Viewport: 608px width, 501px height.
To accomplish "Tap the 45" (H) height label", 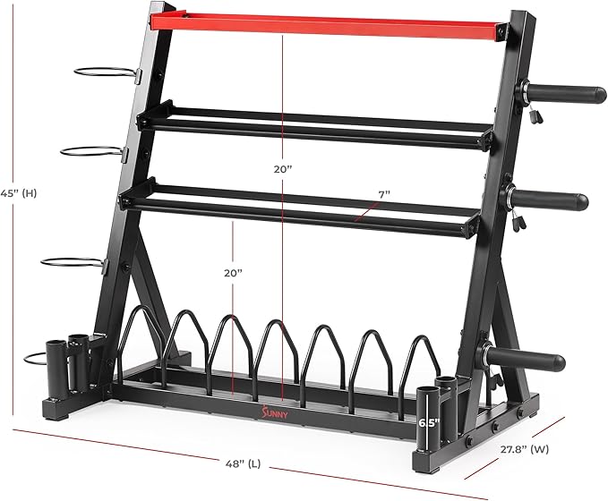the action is tap(19, 193).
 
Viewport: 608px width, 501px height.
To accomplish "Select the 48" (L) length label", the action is tap(244, 463).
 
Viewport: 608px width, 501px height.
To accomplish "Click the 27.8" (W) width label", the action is tap(524, 449).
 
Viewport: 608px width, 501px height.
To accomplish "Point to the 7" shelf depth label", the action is tap(384, 194).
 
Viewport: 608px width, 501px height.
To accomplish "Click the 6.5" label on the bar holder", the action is tap(429, 422).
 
